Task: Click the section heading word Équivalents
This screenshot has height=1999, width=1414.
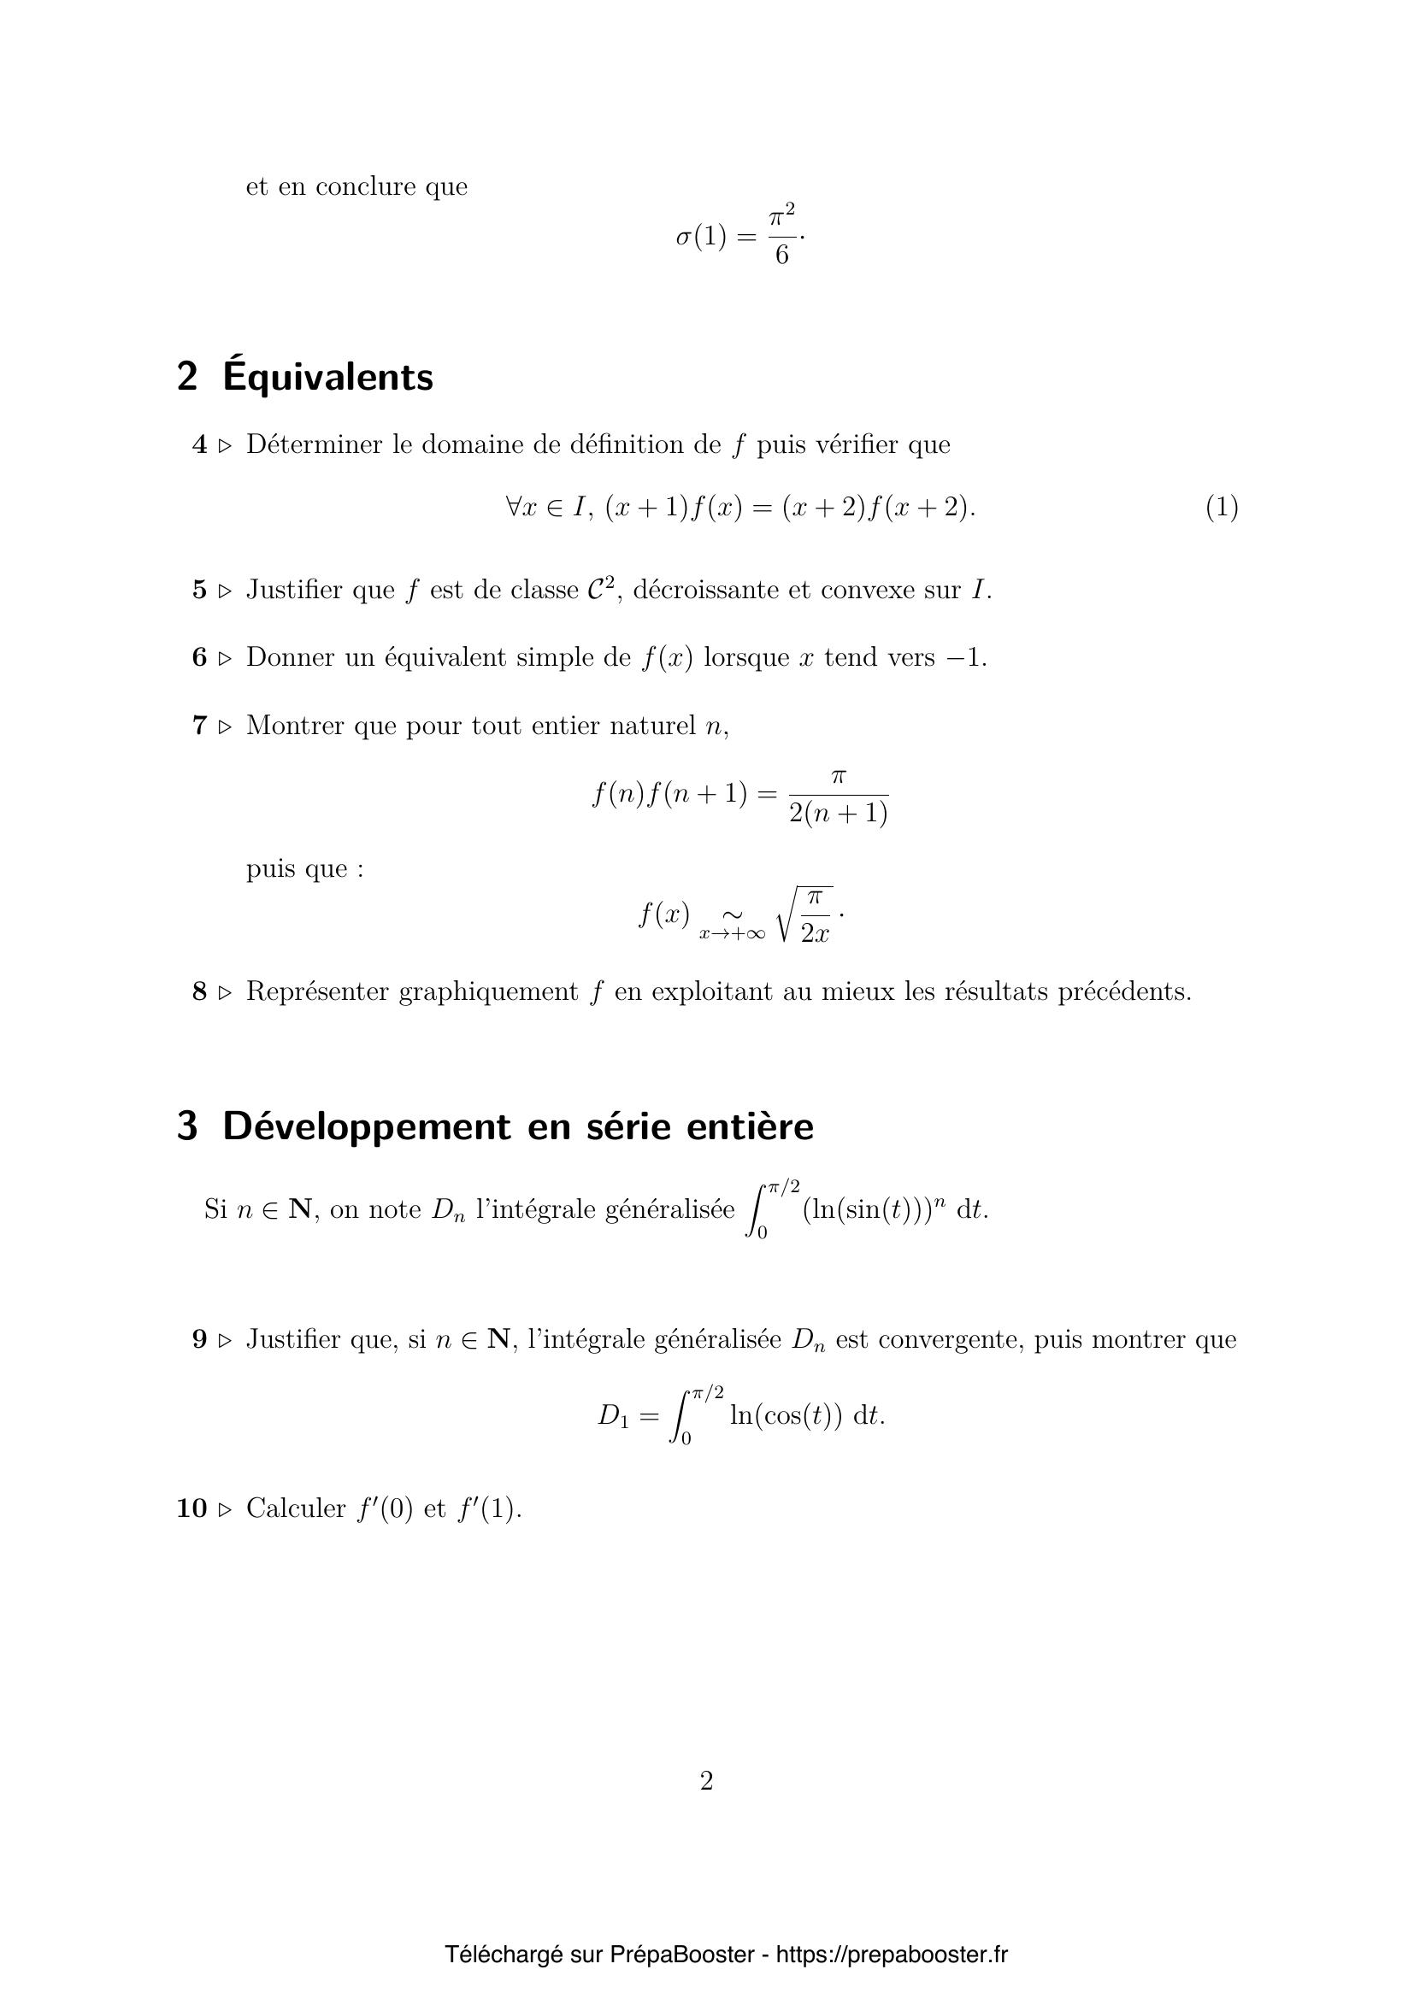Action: coord(327,378)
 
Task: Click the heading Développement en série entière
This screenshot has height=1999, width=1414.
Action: coord(518,1126)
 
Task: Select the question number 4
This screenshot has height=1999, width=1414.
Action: coord(199,445)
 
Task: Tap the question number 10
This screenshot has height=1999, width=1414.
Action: coord(191,1508)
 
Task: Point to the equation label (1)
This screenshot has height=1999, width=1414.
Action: coord(1222,507)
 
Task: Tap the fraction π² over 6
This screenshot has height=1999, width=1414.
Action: coord(781,235)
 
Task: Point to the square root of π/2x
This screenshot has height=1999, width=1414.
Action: coord(805,914)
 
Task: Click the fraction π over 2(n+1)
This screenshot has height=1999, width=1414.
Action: coord(838,796)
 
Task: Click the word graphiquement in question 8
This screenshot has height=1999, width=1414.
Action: coord(487,991)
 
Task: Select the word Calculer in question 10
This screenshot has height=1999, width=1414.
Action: coord(296,1508)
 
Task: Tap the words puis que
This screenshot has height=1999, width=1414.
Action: coord(304,869)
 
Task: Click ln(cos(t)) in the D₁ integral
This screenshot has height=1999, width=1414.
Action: coord(786,1415)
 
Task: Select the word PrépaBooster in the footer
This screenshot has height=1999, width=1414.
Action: coord(681,1955)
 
